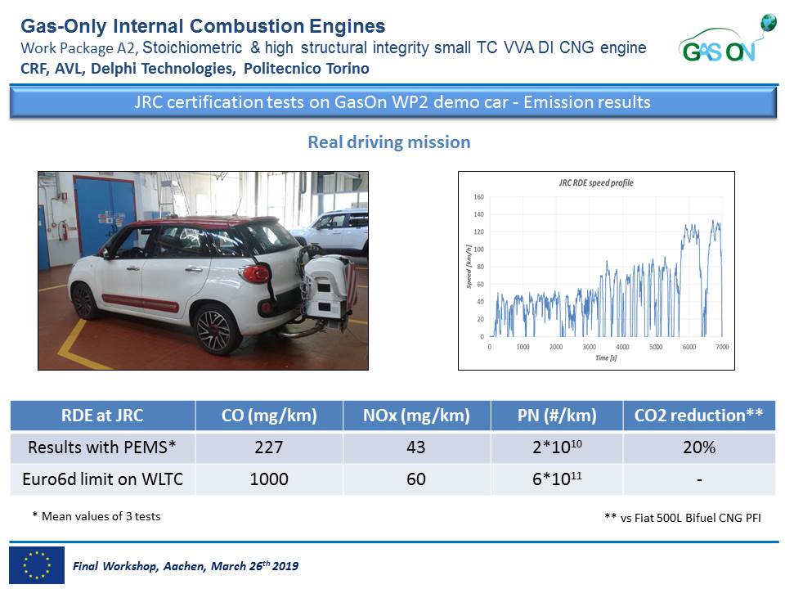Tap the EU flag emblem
[x=36, y=564]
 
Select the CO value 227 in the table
[x=268, y=447]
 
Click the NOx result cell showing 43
[x=415, y=447]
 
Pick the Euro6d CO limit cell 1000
[x=268, y=479]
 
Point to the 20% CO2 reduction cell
[x=698, y=447]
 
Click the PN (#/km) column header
[x=556, y=416]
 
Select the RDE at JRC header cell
[x=102, y=416]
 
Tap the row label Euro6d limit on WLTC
[x=102, y=479]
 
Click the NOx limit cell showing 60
[x=415, y=479]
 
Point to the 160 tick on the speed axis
[x=479, y=197]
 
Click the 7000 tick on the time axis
[x=722, y=347]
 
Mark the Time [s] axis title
[x=605, y=358]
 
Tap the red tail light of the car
[x=257, y=274]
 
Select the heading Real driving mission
[x=388, y=142]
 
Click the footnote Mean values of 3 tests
[x=96, y=516]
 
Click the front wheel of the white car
[x=84, y=301]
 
